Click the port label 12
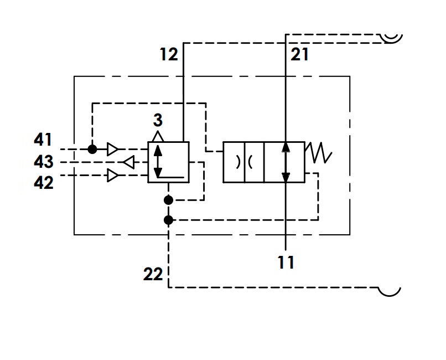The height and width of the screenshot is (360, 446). (x=169, y=54)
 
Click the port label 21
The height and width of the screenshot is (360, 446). (x=299, y=54)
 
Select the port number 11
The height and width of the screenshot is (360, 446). (x=286, y=263)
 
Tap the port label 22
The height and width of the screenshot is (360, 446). (x=153, y=274)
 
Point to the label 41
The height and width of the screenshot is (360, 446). (x=43, y=140)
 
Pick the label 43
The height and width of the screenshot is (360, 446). (x=44, y=161)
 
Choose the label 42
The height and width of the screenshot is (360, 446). (x=44, y=182)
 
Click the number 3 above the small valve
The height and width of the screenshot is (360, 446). (x=158, y=120)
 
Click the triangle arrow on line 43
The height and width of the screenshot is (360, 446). (x=128, y=162)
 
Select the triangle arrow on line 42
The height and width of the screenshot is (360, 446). (x=113, y=176)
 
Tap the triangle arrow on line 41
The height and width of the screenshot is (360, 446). (x=113, y=149)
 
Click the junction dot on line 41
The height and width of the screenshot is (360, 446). (x=92, y=149)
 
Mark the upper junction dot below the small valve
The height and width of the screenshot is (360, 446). (x=168, y=200)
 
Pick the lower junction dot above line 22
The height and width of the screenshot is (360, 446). (x=168, y=220)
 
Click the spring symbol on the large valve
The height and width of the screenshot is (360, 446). (x=318, y=153)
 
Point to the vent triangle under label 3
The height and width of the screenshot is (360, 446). (x=158, y=137)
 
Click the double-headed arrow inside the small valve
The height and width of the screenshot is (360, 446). (x=158, y=161)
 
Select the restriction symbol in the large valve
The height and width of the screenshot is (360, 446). (x=245, y=162)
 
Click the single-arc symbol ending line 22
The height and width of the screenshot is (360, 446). (x=390, y=292)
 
